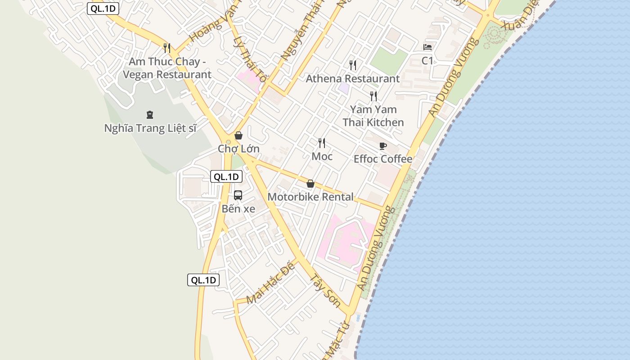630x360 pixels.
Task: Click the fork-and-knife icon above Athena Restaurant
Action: click(353, 65)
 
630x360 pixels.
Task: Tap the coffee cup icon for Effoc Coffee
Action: click(382, 146)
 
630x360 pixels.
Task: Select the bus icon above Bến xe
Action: click(238, 195)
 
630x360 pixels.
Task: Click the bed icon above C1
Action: click(427, 47)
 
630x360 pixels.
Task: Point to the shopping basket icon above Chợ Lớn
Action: click(238, 135)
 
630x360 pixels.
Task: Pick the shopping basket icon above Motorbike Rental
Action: click(310, 184)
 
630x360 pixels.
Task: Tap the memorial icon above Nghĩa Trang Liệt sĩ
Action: click(150, 115)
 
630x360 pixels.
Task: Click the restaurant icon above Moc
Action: click(322, 143)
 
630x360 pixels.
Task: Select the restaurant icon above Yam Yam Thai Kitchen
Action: click(373, 96)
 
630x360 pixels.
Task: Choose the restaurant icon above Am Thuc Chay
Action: click(167, 48)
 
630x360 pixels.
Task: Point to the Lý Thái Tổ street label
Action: click(250, 60)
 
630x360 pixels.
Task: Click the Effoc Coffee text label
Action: click(383, 159)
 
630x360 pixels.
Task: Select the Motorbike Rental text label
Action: click(310, 197)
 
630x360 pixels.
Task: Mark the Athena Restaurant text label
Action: click(353, 79)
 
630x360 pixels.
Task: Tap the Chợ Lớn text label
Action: click(238, 148)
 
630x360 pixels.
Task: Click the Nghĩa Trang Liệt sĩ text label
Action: click(150, 128)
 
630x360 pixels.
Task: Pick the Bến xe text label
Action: click(238, 209)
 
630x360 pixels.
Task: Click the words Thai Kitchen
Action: click(373, 122)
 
